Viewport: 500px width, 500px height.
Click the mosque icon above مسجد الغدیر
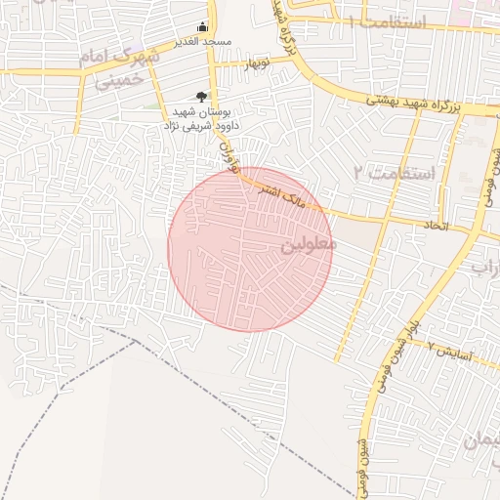(202, 26)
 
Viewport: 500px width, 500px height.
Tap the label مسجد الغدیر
(202, 41)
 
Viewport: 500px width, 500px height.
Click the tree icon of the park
(201, 96)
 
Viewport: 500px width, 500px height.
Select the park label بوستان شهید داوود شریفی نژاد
(201, 120)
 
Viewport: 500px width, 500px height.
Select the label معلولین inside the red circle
(308, 243)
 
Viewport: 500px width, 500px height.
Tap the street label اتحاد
(434, 227)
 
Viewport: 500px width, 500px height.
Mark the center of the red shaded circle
(249, 249)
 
